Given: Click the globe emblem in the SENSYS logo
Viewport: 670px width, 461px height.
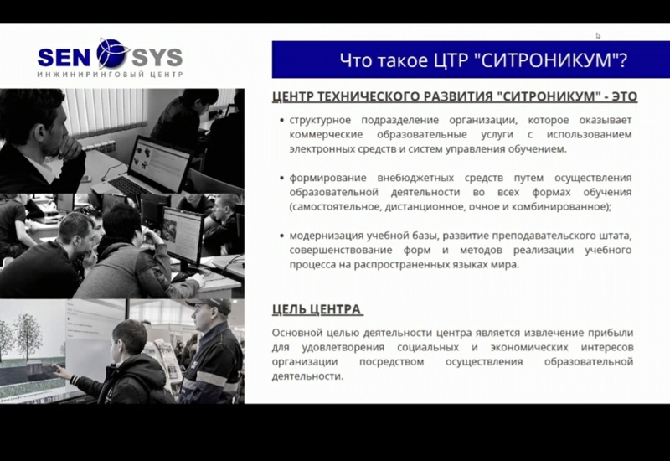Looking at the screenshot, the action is click(x=113, y=54).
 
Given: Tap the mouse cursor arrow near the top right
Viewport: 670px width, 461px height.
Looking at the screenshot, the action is click(x=598, y=36).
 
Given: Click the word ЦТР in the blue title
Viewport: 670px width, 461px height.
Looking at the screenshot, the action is click(x=451, y=60).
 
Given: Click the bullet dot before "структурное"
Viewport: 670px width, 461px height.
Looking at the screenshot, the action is click(x=281, y=121).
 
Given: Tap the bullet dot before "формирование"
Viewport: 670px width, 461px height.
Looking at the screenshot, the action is click(x=281, y=178).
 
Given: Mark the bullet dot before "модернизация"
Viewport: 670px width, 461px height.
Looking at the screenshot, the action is click(x=281, y=236).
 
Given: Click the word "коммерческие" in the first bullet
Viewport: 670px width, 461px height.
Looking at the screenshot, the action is click(x=326, y=135).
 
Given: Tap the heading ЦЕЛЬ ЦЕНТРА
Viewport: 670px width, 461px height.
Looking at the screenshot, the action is click(x=317, y=309).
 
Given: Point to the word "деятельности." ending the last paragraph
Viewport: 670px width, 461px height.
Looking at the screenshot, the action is click(x=307, y=376).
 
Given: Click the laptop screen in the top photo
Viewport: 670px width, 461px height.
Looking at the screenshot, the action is click(x=160, y=164).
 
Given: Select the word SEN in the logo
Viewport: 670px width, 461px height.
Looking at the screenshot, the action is click(x=64, y=58).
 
